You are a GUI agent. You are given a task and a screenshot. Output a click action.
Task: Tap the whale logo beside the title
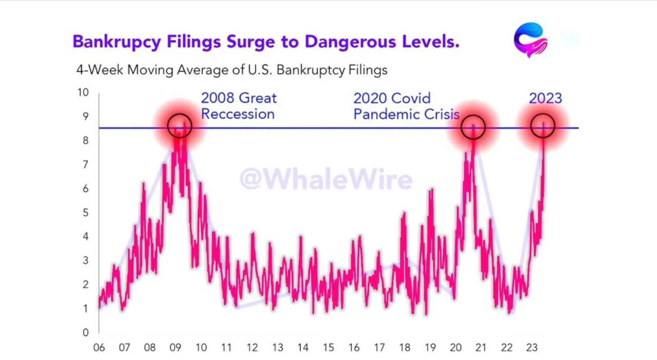[x=531, y=40]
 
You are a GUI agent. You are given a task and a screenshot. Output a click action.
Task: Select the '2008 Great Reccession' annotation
[x=239, y=106]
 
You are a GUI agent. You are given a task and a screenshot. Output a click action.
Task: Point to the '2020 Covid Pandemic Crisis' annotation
[x=406, y=106]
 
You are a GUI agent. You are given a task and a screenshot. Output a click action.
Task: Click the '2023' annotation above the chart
[x=546, y=98]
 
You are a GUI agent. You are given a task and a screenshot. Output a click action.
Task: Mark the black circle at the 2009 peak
[x=180, y=114]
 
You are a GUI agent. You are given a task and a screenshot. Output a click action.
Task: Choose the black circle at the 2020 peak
[x=473, y=116]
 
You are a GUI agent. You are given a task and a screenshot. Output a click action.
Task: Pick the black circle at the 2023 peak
[x=543, y=114]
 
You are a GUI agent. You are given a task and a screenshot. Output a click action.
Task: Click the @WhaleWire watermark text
[x=326, y=179]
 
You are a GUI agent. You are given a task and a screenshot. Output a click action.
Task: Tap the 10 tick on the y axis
[x=83, y=92]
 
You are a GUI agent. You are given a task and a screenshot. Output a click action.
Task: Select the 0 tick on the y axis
[x=86, y=332]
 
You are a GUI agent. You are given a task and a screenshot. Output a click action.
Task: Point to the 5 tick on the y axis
[x=86, y=213]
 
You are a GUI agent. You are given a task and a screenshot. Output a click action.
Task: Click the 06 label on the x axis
[x=99, y=348]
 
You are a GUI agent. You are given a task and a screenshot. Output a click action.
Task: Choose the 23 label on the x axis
[x=532, y=348]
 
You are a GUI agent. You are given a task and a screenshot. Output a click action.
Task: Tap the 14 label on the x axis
[x=303, y=348]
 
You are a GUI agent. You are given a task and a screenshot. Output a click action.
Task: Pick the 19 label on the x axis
[x=430, y=348]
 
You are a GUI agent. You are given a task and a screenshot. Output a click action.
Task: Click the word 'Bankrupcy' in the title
[x=117, y=42]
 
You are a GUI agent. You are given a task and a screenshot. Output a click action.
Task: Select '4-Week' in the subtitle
[x=100, y=70]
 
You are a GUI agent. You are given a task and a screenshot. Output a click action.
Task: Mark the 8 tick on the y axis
[x=86, y=141]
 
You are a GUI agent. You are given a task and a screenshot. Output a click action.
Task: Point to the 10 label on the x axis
[x=201, y=348]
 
